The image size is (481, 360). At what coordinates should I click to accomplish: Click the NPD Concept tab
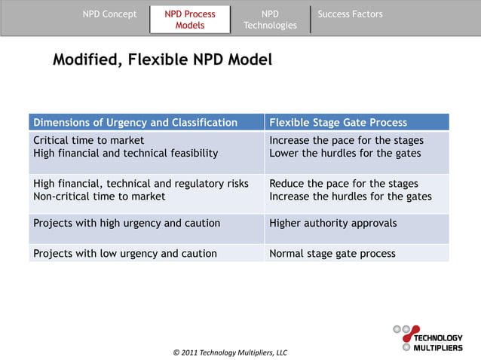[x=109, y=14]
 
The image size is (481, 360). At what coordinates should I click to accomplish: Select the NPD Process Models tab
[x=190, y=20]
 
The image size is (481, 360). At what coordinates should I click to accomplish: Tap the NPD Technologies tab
[x=270, y=20]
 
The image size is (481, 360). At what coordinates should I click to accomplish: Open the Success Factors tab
[x=350, y=14]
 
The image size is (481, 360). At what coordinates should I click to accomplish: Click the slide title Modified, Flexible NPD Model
[x=162, y=59]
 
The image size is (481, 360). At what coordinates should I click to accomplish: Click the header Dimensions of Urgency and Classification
[x=135, y=123]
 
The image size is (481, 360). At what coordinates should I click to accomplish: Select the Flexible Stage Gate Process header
[x=338, y=123]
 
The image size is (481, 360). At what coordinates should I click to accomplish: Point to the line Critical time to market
[x=89, y=141]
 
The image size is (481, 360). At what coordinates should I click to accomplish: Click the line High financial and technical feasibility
[x=125, y=154]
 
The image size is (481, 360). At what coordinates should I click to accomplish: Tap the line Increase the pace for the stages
[x=346, y=141]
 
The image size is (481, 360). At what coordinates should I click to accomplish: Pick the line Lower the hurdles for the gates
[x=345, y=154]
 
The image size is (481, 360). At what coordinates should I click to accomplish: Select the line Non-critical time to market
[x=100, y=197]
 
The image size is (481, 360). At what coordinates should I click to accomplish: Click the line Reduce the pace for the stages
[x=343, y=184]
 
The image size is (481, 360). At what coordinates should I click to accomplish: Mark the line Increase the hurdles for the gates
[x=350, y=197]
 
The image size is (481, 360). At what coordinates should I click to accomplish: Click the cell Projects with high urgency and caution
[x=127, y=223]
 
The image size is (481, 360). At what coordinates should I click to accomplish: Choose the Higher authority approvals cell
[x=332, y=223]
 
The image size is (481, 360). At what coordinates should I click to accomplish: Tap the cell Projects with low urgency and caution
[x=124, y=253]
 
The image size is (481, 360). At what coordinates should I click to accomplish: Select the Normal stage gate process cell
[x=332, y=253]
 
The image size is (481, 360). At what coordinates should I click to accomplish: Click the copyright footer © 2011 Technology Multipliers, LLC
[x=230, y=352]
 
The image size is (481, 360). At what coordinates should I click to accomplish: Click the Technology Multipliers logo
[x=427, y=338]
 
